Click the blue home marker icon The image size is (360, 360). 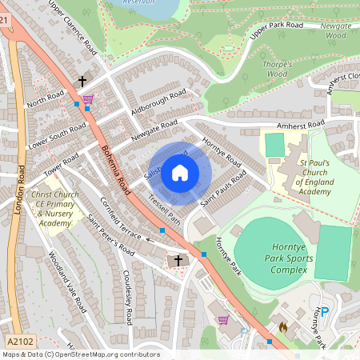[x=180, y=173]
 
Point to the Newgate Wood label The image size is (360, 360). [x=337, y=30]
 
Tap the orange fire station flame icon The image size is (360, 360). [x=282, y=326]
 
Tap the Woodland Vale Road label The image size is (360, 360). [x=66, y=280]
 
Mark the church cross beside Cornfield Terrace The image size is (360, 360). [x=178, y=261]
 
